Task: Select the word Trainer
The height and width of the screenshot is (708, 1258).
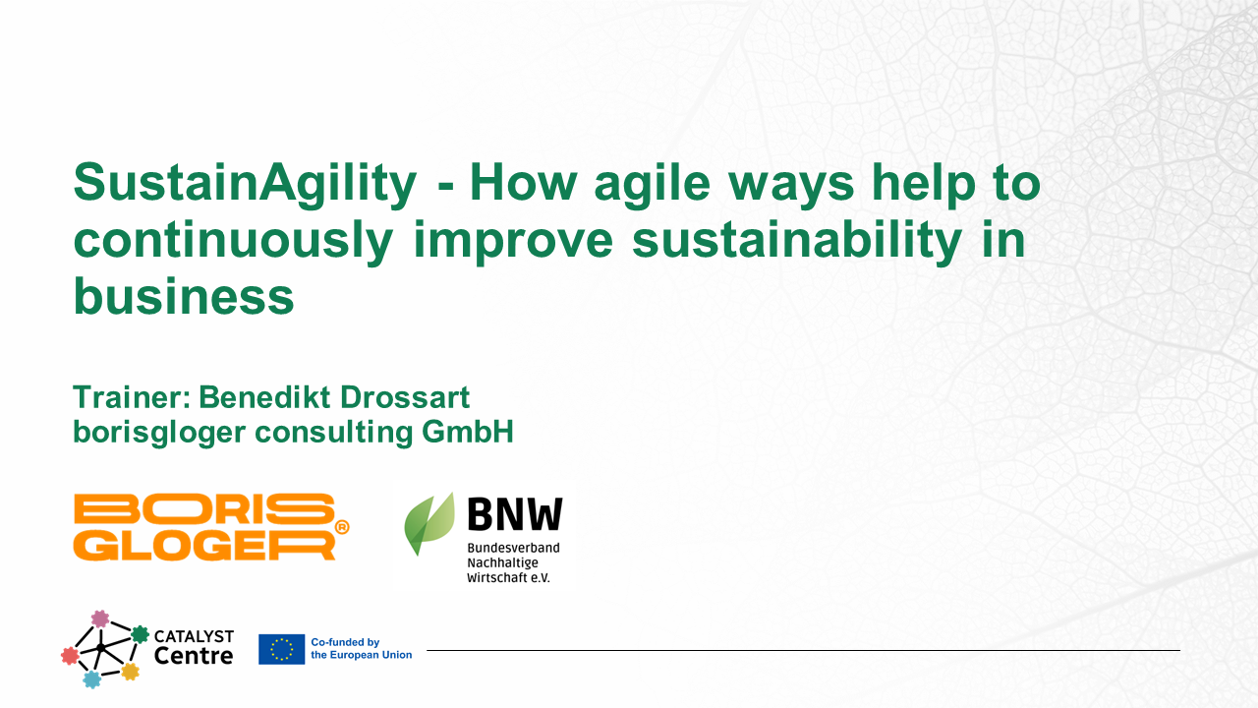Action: click(131, 398)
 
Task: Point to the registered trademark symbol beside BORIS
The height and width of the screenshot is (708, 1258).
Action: click(342, 527)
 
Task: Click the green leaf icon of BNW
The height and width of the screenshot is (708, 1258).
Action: click(429, 523)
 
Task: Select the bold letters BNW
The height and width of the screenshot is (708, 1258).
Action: click(514, 515)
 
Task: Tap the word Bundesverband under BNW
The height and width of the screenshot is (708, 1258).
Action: click(512, 548)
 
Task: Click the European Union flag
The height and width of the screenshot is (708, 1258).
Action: click(281, 649)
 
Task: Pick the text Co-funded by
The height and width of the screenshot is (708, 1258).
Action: click(344, 642)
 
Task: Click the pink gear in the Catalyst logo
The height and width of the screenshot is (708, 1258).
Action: click(99, 619)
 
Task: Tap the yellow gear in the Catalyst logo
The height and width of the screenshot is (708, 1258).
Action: click(130, 672)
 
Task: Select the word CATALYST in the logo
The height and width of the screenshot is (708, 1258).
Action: click(194, 636)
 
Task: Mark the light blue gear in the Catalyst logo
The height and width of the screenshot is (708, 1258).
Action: click(91, 678)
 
